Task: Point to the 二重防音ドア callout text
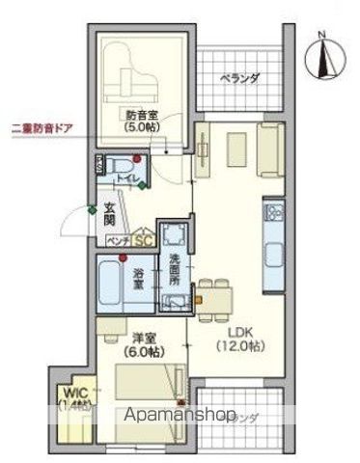coord(45,128)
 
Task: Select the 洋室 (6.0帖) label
coord(135,345)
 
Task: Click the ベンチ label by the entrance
coord(119,240)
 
